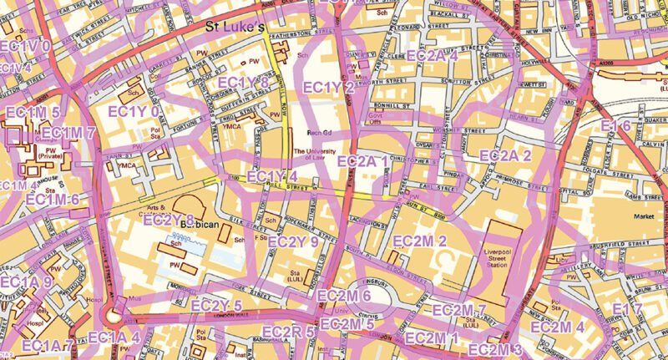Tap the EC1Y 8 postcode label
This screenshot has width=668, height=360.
click(243, 82)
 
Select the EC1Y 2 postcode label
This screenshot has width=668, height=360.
click(328, 88)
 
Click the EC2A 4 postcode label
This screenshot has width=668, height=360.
click(432, 56)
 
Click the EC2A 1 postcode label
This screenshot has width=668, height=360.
click(362, 160)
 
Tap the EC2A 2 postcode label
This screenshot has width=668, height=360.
click(505, 155)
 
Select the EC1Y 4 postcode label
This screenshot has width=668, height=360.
click(272, 176)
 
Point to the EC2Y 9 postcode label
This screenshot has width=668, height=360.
click(293, 242)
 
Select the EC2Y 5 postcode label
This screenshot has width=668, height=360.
click(216, 306)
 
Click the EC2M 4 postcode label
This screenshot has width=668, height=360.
click(557, 327)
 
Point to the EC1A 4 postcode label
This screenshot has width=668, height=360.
click(114, 337)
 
